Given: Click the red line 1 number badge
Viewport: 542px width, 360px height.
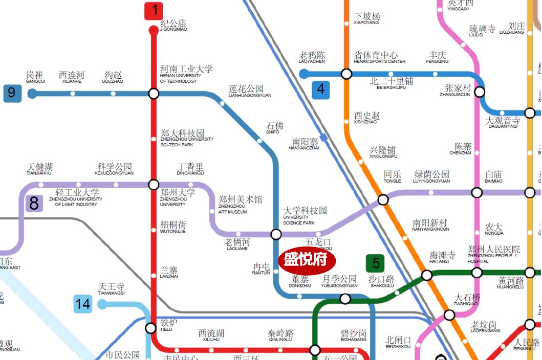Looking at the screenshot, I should click(x=154, y=10).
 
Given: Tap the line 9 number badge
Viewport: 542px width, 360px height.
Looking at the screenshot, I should click(x=12, y=93).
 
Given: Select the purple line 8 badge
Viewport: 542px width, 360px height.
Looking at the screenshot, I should click(x=34, y=204).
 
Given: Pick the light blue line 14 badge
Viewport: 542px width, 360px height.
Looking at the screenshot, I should click(x=82, y=304).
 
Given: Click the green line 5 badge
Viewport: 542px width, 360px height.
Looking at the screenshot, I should click(x=376, y=263).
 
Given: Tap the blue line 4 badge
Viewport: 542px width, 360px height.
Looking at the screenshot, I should click(x=320, y=89).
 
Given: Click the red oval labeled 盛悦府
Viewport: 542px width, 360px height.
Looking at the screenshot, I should click(x=306, y=260).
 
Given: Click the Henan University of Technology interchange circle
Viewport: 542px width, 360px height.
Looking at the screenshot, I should click(x=154, y=94).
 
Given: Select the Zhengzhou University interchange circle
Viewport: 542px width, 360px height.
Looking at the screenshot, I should click(x=154, y=185).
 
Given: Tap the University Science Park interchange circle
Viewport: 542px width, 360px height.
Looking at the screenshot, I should click(x=276, y=234).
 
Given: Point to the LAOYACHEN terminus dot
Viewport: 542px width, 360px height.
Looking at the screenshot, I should click(x=303, y=74).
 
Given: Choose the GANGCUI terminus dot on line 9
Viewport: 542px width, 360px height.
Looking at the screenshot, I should click(x=32, y=94).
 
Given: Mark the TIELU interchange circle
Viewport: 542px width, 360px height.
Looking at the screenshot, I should click(x=150, y=328).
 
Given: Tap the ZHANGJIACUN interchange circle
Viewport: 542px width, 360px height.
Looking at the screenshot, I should click(x=480, y=92).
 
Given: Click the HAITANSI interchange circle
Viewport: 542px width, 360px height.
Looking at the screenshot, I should click(x=426, y=276).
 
